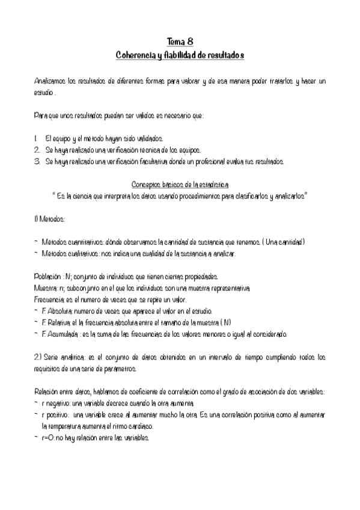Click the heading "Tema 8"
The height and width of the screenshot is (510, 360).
click(x=180, y=41)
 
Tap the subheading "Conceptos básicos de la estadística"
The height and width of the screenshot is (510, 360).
click(x=180, y=185)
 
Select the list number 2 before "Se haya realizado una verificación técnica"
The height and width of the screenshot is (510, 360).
click(x=37, y=150)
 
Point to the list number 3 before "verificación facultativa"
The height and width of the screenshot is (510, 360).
click(x=37, y=161)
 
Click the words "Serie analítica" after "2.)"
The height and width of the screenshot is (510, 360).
click(x=69, y=357)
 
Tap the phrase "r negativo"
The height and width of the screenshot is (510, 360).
click(x=56, y=404)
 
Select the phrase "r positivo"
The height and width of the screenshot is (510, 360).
click(x=56, y=415)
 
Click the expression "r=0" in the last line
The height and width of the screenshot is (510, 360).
click(x=47, y=438)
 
